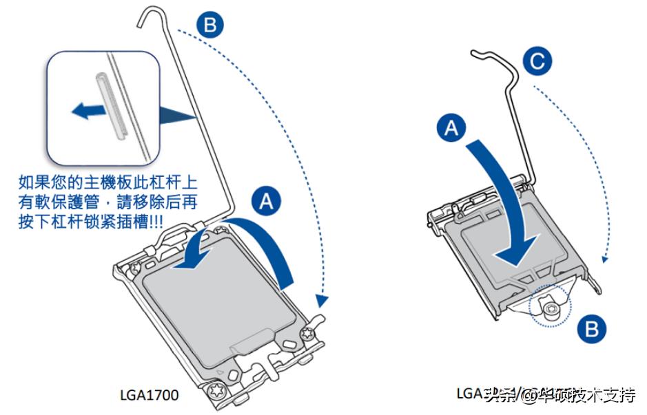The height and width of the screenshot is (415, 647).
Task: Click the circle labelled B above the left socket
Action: pos(210,25)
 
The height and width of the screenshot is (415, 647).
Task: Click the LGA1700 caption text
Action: pos(150,395)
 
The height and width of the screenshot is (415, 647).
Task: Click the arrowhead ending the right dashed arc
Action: pos(604,259)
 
